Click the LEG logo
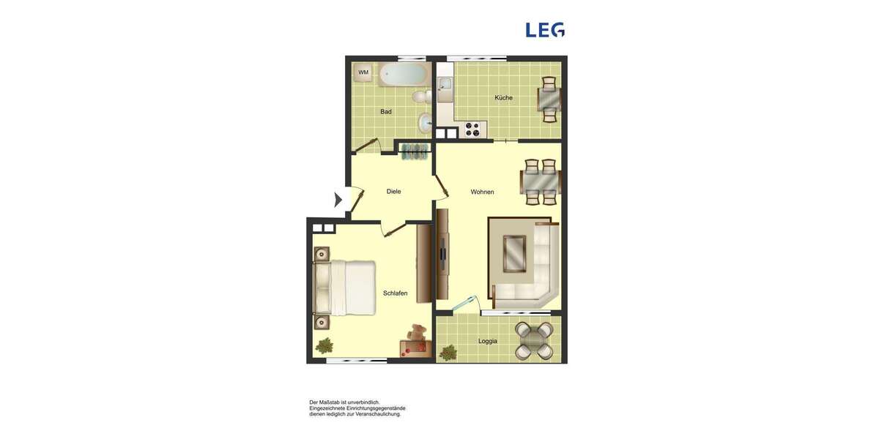545,30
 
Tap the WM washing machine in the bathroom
363,72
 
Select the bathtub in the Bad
404,74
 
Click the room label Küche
503,98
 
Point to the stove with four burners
472,130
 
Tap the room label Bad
386,112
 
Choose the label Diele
393,192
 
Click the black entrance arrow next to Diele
338,199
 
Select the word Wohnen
482,192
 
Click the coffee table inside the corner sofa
517,253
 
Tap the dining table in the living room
541,181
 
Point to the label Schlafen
395,293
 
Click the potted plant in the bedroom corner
324,345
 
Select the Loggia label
488,342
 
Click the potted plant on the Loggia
447,353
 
